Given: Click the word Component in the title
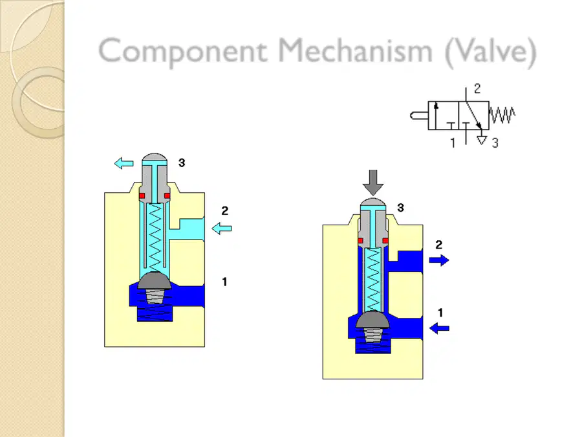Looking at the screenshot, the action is (x=183, y=51).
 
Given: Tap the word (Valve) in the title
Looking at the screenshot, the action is (x=491, y=52).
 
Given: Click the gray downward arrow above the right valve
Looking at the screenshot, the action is (x=373, y=183).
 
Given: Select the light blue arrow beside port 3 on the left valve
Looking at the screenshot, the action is (x=124, y=163).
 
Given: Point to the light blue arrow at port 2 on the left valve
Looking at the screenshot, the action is (x=222, y=229).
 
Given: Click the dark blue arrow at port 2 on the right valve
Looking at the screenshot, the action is (x=439, y=260).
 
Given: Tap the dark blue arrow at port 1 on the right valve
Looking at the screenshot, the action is (x=439, y=328).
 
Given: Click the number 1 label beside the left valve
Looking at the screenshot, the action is (x=224, y=282).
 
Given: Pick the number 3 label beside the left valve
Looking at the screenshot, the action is (x=182, y=162).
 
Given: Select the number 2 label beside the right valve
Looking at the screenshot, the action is (x=438, y=245).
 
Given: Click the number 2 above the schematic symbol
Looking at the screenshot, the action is (x=477, y=89).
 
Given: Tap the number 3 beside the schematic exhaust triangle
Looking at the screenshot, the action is (x=495, y=143).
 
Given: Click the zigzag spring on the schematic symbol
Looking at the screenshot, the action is (x=502, y=115).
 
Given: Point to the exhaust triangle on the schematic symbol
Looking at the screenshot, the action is (x=481, y=140).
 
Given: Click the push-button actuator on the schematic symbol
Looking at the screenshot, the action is (x=419, y=116).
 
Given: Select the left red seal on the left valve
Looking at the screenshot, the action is (x=142, y=196).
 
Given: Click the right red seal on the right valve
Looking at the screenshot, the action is (x=385, y=241).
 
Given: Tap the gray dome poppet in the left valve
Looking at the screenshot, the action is (x=155, y=280).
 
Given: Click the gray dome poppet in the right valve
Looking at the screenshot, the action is (x=372, y=320).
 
